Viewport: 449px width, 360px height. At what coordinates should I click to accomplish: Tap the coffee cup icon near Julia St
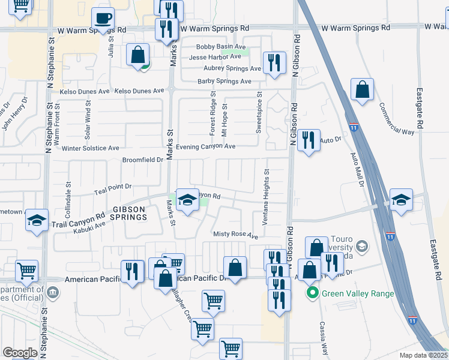point(103,19)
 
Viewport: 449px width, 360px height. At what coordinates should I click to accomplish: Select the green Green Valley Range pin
point(312,293)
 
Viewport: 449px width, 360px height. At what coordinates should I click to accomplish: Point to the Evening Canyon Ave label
point(204,146)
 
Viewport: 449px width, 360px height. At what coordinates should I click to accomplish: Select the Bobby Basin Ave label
point(221,47)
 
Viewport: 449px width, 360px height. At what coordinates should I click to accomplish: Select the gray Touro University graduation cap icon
point(362,246)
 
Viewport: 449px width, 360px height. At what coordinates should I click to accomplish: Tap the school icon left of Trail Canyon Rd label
point(37,220)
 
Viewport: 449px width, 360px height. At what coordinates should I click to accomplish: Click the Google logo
point(20,353)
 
